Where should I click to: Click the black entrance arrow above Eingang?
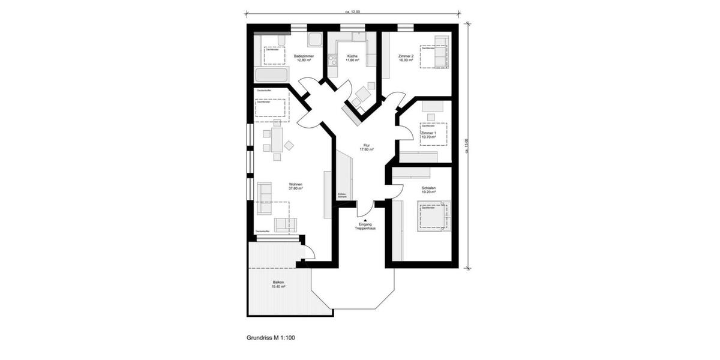click(x=365, y=220)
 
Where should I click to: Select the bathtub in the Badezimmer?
click(x=271, y=76)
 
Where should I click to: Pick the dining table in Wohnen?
click(x=277, y=140)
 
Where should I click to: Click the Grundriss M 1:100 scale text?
click(x=271, y=338)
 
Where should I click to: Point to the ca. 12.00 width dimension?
click(x=353, y=11)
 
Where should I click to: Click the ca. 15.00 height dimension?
click(x=466, y=146)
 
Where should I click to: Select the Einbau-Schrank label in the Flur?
click(x=343, y=195)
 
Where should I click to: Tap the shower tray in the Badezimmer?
click(x=315, y=40)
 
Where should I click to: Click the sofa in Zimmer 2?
click(x=441, y=53)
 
